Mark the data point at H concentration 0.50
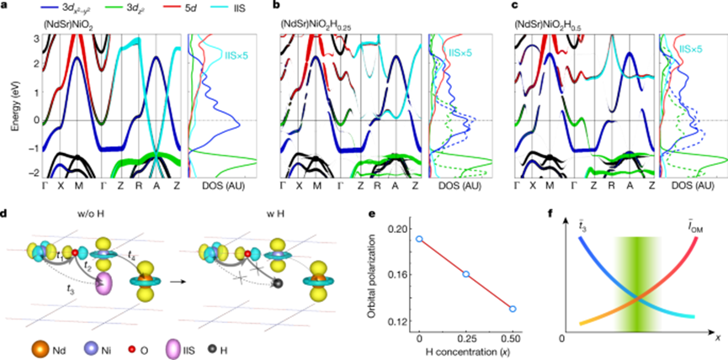513,309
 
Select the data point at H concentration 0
419,239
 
